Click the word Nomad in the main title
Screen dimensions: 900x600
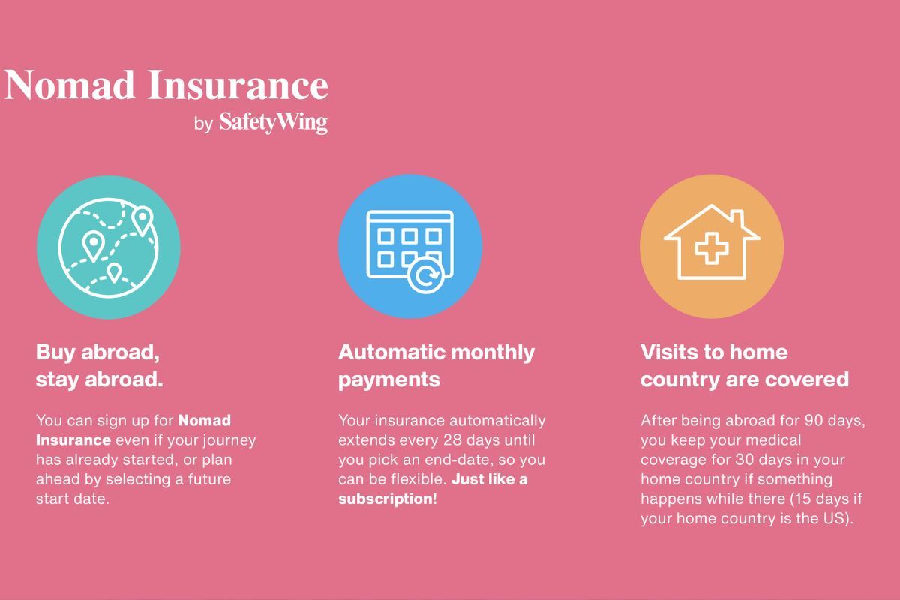pos(70,85)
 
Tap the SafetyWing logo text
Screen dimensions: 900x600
pos(273,122)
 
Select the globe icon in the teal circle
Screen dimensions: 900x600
pos(109,248)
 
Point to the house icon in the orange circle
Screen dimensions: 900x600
pos(712,242)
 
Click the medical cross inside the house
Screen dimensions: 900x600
pos(712,248)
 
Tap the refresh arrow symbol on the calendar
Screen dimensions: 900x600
pos(426,276)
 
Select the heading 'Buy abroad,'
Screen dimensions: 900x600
pos(97,352)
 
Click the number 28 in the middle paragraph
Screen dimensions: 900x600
pos(452,439)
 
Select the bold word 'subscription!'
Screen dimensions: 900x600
pos(387,499)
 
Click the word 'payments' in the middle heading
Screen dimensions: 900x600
pos(389,380)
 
